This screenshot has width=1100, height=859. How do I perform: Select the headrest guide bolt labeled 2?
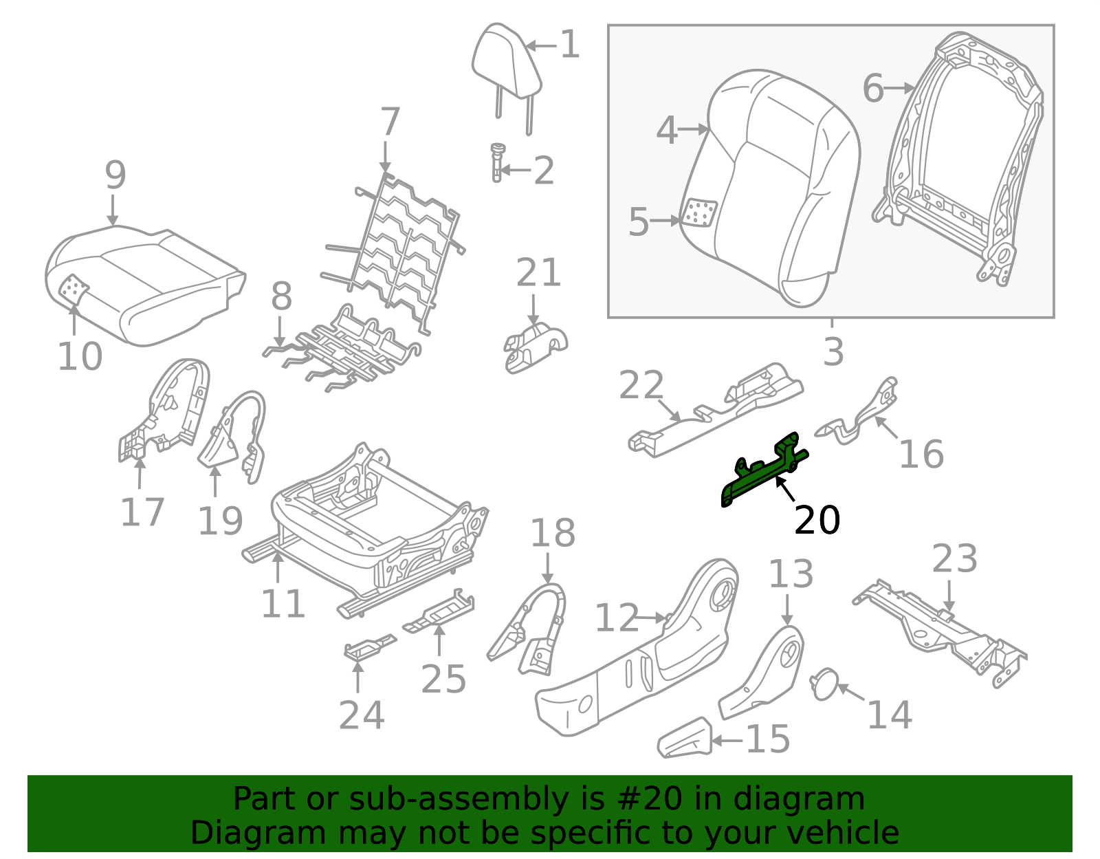point(496,162)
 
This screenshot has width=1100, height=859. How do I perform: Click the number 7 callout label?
point(390,122)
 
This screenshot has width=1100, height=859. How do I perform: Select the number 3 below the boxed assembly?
point(833,351)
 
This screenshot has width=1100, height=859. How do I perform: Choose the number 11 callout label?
point(283,604)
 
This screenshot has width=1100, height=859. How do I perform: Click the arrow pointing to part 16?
point(887,429)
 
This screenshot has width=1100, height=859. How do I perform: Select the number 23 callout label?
point(955,558)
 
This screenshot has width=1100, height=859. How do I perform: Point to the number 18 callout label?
point(553,533)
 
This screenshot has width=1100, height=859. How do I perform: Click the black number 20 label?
point(817,520)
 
